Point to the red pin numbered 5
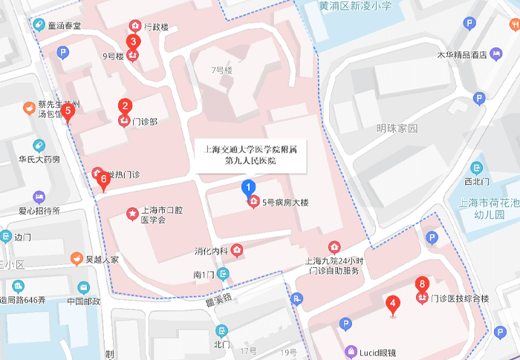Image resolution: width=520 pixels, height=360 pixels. tap(68, 112)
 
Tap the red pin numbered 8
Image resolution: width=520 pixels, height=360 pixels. tap(422, 285)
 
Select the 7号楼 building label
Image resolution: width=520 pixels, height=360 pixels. tap(221, 71)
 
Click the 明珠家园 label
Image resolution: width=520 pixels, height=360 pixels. tap(397, 128)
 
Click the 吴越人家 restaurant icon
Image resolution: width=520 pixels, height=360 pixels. tap(76, 259)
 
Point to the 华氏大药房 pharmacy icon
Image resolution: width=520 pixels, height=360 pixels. tap(39, 145)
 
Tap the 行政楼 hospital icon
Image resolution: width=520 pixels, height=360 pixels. tap(134, 26)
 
